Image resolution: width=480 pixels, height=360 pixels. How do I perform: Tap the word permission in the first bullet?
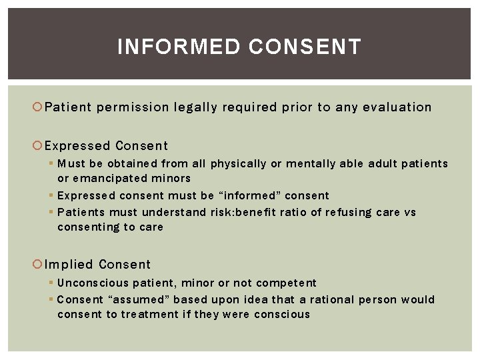pos(133,107)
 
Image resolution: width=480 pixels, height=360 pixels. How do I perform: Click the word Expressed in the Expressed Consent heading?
pos(77,146)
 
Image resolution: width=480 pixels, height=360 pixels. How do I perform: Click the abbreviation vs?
pos(410,213)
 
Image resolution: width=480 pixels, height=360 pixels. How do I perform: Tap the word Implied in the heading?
pos(69,265)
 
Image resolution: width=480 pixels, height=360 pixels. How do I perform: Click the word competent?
pos(288,283)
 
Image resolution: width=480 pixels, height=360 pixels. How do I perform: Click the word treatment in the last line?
pos(150,315)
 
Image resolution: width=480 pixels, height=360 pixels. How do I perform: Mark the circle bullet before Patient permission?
pos(39,107)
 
